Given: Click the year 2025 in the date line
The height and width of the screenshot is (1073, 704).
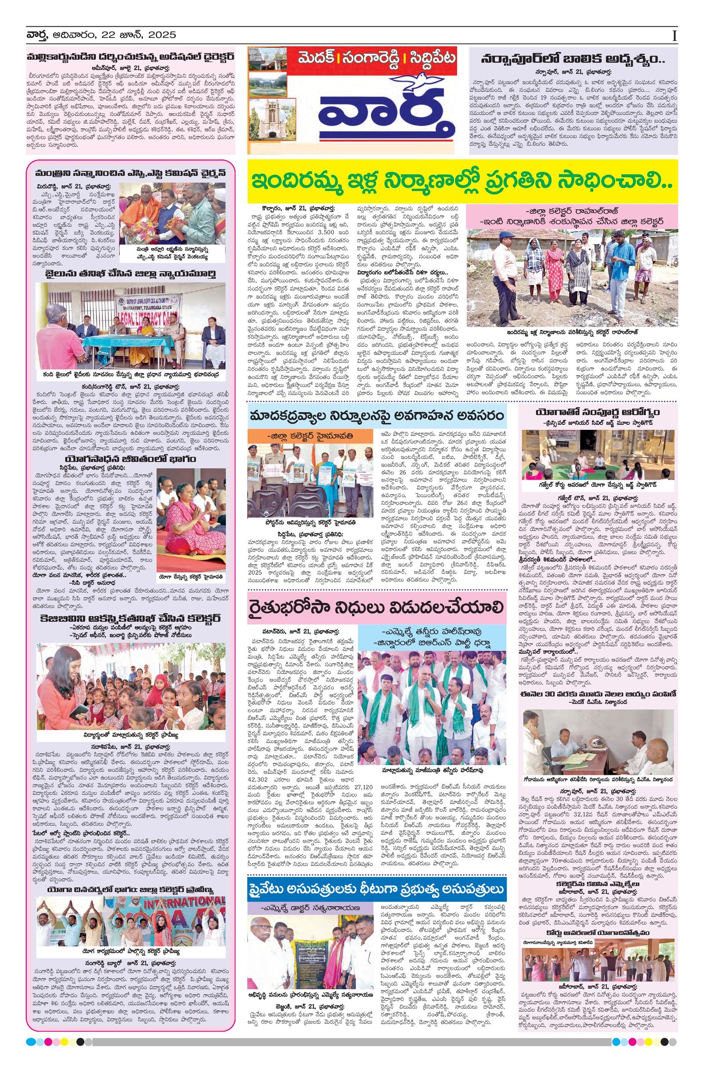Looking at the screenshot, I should tap(160, 35).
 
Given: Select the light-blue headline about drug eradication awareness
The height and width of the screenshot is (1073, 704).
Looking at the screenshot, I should tap(376, 415).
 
